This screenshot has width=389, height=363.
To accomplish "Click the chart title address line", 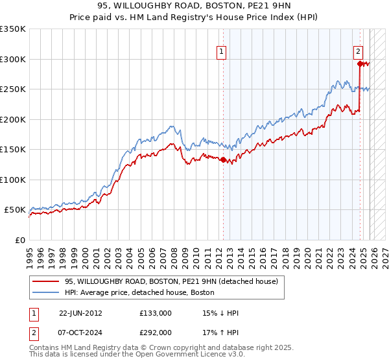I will click(x=194, y=6).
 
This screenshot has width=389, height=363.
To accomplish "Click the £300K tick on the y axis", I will click(x=13, y=59).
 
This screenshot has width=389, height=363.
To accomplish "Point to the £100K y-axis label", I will click(x=13, y=180).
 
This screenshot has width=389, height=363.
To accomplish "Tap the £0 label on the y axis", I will click(x=19, y=240).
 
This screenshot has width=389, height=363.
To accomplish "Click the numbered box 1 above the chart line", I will click(x=222, y=53).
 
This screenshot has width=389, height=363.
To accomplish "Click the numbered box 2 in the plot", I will click(x=358, y=53).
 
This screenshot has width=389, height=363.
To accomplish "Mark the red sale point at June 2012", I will click(x=222, y=159).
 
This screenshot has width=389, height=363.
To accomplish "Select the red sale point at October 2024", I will click(x=359, y=64).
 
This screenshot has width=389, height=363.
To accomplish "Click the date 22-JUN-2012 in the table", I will click(x=80, y=313).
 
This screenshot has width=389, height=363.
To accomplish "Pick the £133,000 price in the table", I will click(x=156, y=313).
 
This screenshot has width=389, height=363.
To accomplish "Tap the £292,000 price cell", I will click(x=156, y=332).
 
